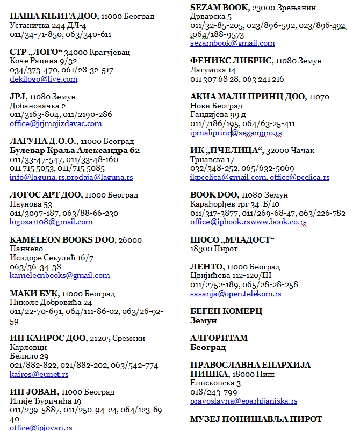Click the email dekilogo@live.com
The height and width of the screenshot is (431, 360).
point(44,79)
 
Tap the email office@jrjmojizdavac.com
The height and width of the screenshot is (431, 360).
point(55,123)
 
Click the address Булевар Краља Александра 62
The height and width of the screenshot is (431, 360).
point(75,150)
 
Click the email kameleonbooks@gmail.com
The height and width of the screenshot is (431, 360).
point(60,275)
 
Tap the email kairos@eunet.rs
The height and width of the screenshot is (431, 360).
point(39,374)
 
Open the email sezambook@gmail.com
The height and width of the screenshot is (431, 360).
point(232,43)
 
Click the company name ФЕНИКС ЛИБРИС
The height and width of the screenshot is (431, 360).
point(231,62)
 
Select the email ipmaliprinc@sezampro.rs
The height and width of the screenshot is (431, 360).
point(236,133)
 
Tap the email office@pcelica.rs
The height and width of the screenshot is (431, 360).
point(300,177)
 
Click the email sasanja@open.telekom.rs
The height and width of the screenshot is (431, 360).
point(235,294)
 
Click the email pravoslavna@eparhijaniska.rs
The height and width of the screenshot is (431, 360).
point(243,401)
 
